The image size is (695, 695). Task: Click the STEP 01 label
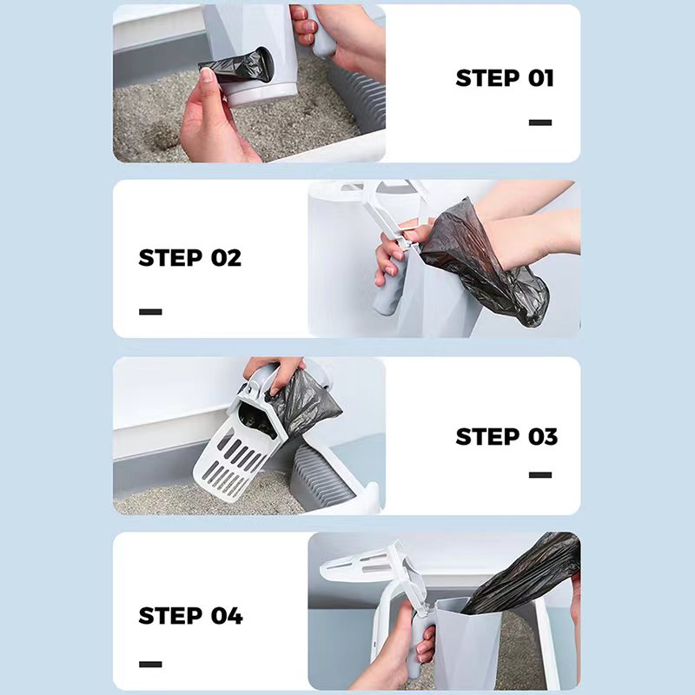click(505, 78)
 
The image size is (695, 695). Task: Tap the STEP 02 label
click(189, 257)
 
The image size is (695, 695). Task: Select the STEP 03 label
click(506, 437)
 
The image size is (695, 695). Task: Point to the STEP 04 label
click(190, 616)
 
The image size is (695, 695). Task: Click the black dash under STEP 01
click(539, 122)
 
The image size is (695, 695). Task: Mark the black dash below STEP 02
click(150, 312)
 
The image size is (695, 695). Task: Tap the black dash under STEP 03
click(539, 474)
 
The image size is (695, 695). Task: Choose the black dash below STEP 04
click(150, 664)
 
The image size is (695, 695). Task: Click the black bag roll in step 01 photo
click(237, 67)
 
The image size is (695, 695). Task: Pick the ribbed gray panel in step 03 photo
click(319, 478)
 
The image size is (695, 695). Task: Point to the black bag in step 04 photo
click(523, 572)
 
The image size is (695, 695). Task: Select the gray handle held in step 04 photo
click(419, 643)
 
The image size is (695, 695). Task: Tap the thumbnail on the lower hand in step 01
click(206, 76)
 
